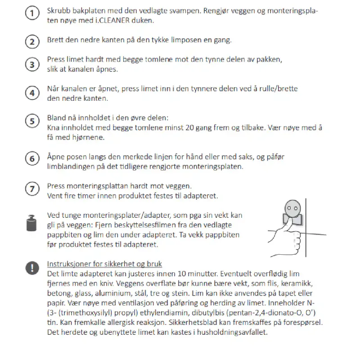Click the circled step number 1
[x=32, y=14]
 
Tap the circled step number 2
[x=32, y=42]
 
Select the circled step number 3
[x=32, y=64]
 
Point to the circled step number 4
[x=32, y=94]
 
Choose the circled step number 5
[x=32, y=121]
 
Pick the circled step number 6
[x=32, y=159]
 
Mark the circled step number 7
[x=32, y=189]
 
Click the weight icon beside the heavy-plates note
[x=32, y=223]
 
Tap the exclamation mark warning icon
[x=32, y=269]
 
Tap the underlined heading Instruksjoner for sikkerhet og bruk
[x=104, y=264]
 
